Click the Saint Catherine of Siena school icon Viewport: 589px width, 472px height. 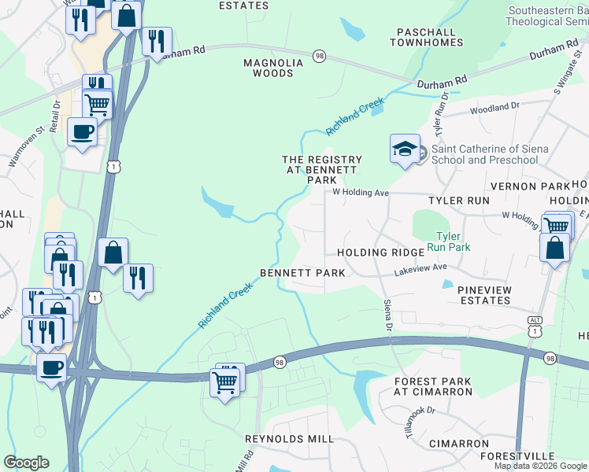[405, 149]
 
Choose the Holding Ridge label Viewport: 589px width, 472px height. [375, 253]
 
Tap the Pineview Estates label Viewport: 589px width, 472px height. [484, 296]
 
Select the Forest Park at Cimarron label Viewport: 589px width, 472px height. [432, 387]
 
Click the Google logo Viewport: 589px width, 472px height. [26, 463]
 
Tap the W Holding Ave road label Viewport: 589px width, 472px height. [361, 192]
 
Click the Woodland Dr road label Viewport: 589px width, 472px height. [495, 107]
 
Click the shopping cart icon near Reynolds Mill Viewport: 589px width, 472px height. [226, 382]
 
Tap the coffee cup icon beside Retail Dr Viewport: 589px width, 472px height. [82, 131]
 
